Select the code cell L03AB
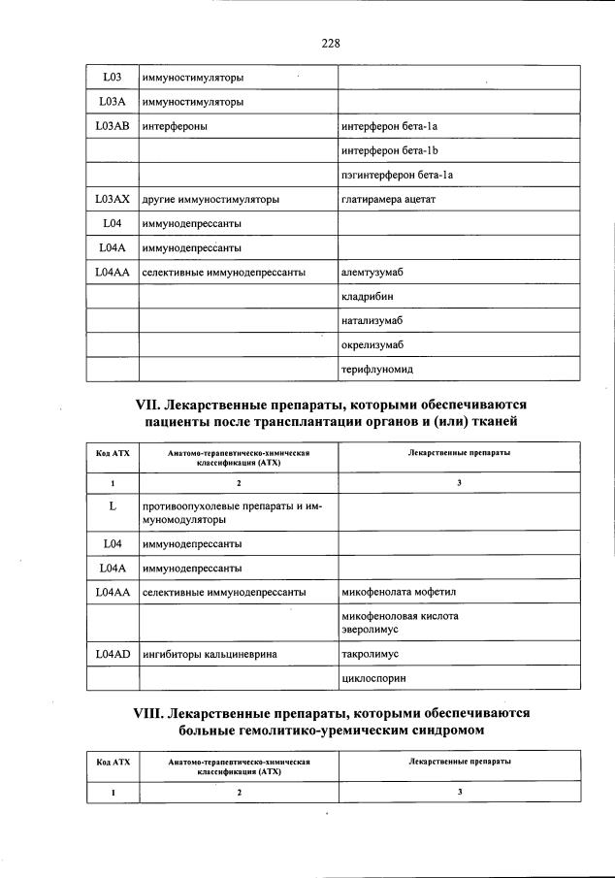coord(112,126)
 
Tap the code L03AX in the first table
coord(112,199)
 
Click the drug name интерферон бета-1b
coord(391,151)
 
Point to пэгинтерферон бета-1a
coord(398,176)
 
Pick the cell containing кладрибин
coord(368,297)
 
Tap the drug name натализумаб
coord(373,321)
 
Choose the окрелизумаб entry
coord(373,345)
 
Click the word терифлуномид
coord(377,370)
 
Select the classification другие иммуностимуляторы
coord(210,200)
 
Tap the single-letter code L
coord(112,506)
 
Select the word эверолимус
coord(372,630)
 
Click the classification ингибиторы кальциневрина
coord(210,655)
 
